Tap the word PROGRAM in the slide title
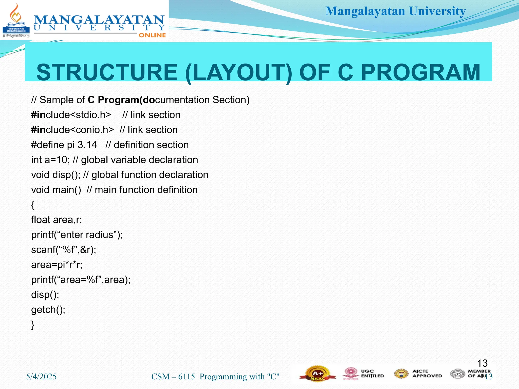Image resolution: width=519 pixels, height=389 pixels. tap(420, 72)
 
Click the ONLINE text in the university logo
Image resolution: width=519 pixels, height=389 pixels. tap(152, 35)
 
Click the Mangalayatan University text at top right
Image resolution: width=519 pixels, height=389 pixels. tap(395, 11)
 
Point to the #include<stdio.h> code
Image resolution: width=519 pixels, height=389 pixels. tap(71, 115)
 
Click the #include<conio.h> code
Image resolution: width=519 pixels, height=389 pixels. tap(72, 130)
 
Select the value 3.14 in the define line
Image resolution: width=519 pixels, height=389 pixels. tap(87, 145)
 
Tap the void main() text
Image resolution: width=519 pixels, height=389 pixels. tap(56, 190)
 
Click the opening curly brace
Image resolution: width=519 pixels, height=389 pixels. tap(33, 205)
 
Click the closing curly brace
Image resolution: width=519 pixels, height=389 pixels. tap(33, 325)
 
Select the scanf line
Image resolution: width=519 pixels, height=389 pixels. tap(64, 250)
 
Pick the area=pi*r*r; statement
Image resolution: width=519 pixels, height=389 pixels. tap(57, 265)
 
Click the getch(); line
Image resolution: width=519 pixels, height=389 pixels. tap(48, 309)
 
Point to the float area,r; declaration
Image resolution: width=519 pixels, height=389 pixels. tap(57, 220)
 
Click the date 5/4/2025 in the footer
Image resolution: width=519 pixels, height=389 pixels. tap(41, 377)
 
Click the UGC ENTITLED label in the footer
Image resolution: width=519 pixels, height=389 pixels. tap(372, 374)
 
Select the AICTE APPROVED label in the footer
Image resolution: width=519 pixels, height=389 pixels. tap(427, 374)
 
